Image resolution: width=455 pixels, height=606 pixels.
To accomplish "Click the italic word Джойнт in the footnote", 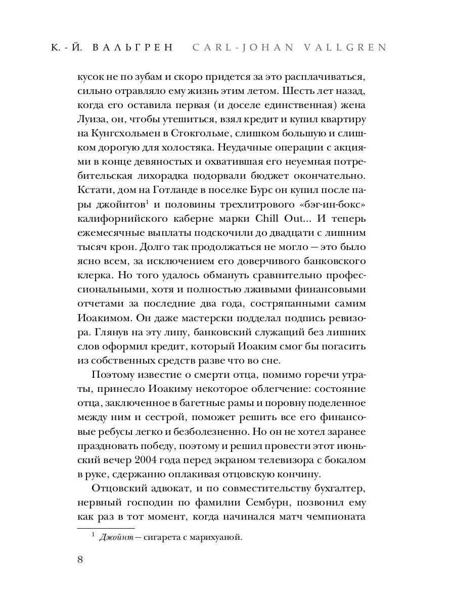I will click(116, 537).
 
